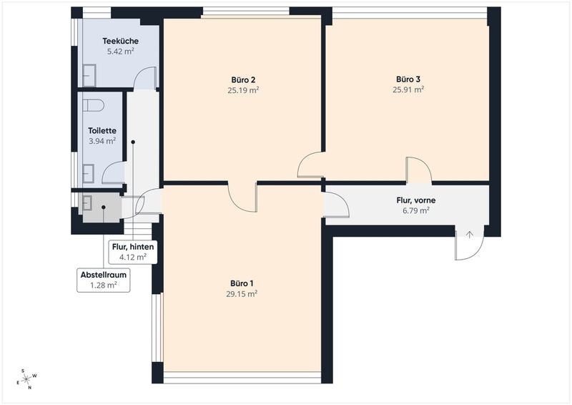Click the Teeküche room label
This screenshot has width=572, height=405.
click(120, 41)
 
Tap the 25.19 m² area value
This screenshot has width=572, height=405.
click(243, 90)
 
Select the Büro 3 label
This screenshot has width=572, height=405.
click(408, 79)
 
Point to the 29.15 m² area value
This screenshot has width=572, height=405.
click(242, 294)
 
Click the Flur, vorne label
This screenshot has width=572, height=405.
click(416, 200)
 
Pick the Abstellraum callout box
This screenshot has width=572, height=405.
click(104, 280)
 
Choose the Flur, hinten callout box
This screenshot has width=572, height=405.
click(133, 252)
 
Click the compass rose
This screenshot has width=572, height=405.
click(27, 379)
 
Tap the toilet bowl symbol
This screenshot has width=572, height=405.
click(94, 105)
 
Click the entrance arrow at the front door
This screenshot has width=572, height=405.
click(470, 235)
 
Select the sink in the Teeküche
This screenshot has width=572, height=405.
click(89, 76)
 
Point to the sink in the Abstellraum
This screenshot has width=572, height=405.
click(87, 203)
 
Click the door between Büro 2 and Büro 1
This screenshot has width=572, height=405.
click(242, 197)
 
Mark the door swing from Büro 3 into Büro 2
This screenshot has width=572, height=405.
click(310, 165)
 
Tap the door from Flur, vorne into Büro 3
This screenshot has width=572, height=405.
click(419, 170)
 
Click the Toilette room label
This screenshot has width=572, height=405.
click(102, 131)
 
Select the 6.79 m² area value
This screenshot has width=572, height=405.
click(416, 210)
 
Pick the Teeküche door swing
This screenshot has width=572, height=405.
click(145, 79)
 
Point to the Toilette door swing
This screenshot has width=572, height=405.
click(114, 172)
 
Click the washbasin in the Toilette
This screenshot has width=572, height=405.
click(88, 173)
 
